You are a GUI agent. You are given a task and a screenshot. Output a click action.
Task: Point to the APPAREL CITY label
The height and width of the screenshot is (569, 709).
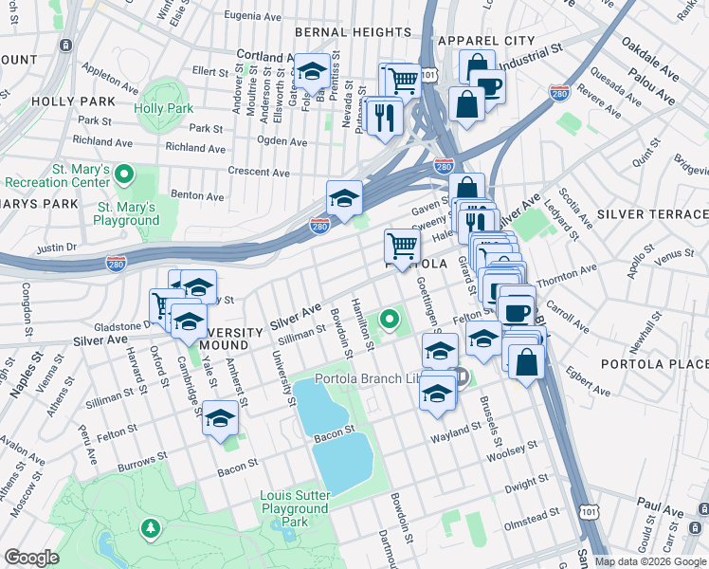coord(487,41)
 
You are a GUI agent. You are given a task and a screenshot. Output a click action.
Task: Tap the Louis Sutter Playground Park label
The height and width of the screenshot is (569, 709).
coord(296,509)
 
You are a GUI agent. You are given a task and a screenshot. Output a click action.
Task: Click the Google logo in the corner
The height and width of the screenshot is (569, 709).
coord(31,558)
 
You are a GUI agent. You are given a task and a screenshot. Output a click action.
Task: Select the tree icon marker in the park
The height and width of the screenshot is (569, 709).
coord(149,527)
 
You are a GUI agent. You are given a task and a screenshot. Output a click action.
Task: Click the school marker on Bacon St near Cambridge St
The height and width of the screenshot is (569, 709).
coord(221,419)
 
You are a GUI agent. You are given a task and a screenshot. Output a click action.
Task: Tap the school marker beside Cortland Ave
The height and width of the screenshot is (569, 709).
coord(311,71)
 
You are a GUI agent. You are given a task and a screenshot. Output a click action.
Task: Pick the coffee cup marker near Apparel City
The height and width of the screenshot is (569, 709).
coord(489,85)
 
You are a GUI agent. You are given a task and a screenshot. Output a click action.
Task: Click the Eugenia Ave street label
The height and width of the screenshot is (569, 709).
coord(253,15)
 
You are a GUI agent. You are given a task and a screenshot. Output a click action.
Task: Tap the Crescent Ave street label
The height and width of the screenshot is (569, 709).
coord(259,172)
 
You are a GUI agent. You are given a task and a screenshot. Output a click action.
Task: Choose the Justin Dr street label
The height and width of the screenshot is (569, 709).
coord(56,248)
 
